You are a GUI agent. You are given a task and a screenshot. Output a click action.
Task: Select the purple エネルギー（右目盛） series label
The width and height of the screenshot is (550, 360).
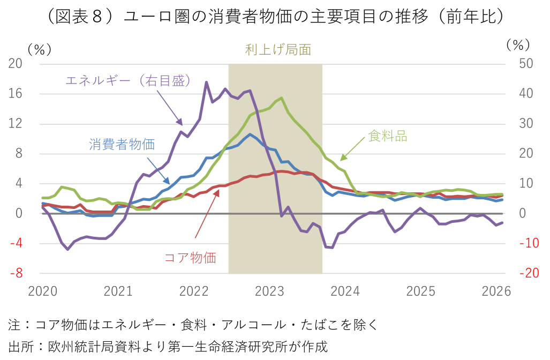tap(128, 81)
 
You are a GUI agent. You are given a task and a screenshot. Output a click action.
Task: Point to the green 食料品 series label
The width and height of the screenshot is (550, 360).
tap(388, 136)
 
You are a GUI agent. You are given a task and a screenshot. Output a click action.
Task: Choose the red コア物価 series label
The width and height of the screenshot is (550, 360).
tap(190, 257)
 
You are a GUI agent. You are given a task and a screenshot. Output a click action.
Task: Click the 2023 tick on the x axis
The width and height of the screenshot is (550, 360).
tap(269, 292)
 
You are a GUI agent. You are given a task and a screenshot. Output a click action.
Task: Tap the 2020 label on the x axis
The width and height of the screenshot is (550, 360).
tap(42, 292)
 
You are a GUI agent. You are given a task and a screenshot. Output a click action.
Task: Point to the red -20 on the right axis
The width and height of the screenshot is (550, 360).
tap(515, 273)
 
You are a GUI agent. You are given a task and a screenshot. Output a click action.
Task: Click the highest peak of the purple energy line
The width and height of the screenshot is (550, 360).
tap(206, 82)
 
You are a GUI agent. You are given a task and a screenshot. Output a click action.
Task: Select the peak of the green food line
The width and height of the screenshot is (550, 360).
tap(282, 98)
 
